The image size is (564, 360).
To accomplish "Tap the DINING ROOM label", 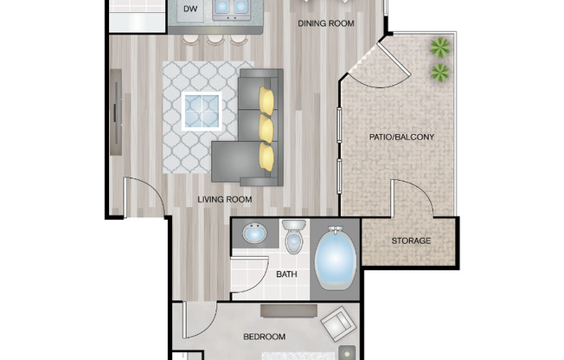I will pyautogui.click(x=326, y=23).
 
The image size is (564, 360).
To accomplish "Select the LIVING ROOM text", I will pyautogui.click(x=224, y=199).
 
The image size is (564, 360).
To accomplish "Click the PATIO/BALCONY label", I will pyautogui.click(x=401, y=137).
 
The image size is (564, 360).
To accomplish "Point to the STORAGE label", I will pyautogui.click(x=411, y=241).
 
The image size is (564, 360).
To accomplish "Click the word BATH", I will pyautogui.click(x=286, y=274).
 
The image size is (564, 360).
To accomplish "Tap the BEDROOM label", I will pyautogui.click(x=264, y=336).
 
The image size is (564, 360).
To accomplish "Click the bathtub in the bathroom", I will pyautogui.click(x=335, y=260).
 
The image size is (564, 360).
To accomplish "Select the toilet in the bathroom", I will pyautogui.click(x=293, y=236).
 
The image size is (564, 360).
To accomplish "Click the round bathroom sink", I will pyautogui.click(x=254, y=234).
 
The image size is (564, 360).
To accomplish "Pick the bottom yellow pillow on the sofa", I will pyautogui.click(x=266, y=157).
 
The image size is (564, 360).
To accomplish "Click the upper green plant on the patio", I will pyautogui.click(x=441, y=47).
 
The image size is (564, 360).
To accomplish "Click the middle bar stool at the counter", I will pyautogui.click(x=214, y=39).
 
